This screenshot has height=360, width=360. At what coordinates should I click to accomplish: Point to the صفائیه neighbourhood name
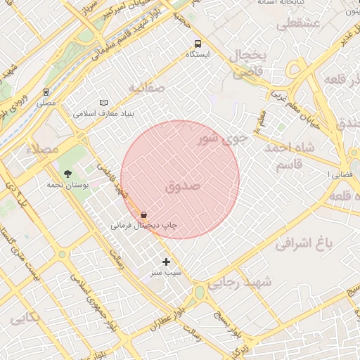146,88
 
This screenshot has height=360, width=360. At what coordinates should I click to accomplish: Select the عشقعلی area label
299,24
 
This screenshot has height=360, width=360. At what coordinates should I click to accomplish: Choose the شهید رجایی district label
264,281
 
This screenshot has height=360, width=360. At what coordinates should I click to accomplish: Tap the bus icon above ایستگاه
198,42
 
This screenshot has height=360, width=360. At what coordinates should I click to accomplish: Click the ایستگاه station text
198,54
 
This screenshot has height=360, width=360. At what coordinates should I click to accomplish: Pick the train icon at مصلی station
46,91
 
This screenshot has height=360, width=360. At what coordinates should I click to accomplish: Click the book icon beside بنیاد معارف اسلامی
104,102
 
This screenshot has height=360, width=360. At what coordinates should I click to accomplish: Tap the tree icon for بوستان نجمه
67,173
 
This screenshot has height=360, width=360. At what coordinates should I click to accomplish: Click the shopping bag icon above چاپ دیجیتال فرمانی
144,214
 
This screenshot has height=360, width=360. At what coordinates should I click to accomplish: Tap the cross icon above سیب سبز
166,262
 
